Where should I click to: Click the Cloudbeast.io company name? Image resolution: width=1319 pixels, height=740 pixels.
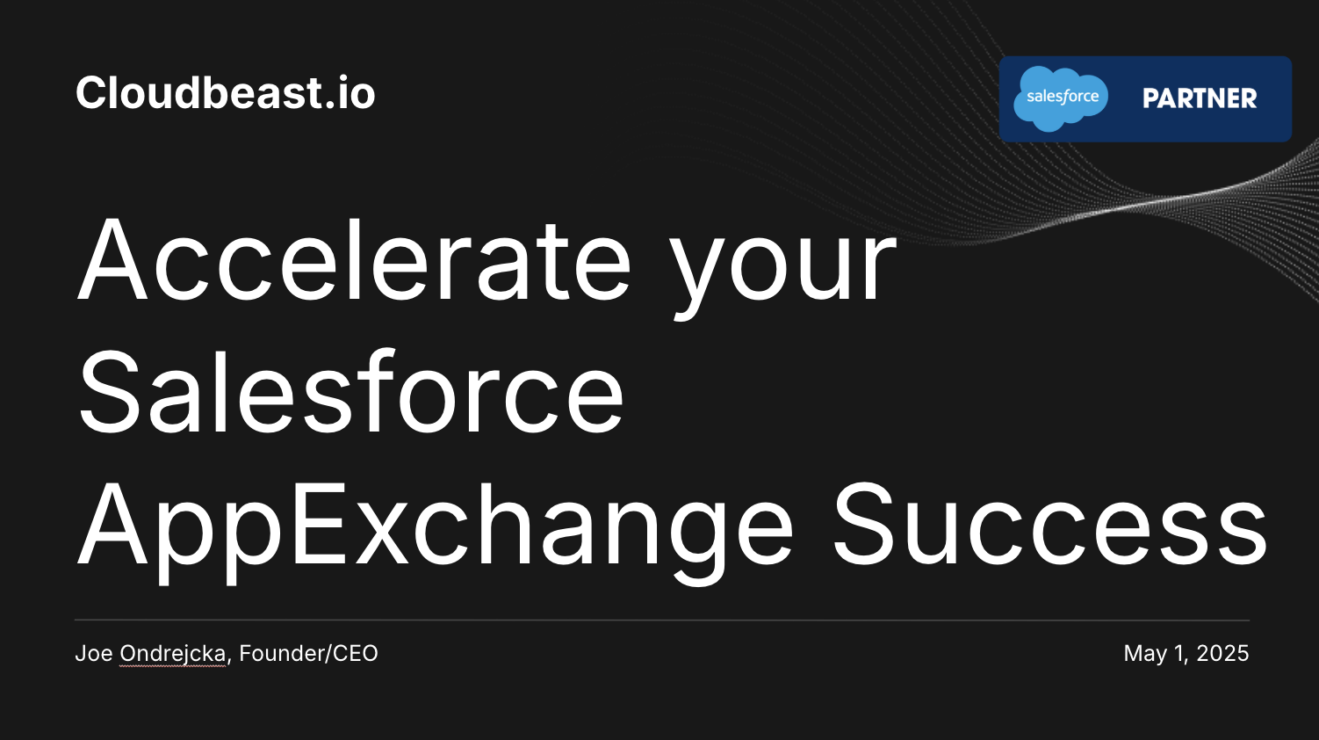point(225,93)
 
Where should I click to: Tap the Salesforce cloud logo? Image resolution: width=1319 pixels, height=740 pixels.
point(1061,98)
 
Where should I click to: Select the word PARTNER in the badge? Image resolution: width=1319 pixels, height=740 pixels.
point(1200,98)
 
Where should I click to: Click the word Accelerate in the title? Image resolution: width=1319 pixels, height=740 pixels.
point(354,259)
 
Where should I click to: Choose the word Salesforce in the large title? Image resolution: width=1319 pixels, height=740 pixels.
point(351,391)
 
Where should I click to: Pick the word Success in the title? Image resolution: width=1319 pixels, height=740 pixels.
point(1050,524)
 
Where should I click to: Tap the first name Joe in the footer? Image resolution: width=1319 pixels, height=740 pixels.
point(94,653)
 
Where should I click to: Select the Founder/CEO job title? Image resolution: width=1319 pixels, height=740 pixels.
point(308,653)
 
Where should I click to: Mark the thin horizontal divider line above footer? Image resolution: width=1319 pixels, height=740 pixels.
point(662,620)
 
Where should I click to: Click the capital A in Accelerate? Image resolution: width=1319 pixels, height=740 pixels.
point(112,260)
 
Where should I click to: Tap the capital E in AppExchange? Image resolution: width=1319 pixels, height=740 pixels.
point(318,524)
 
